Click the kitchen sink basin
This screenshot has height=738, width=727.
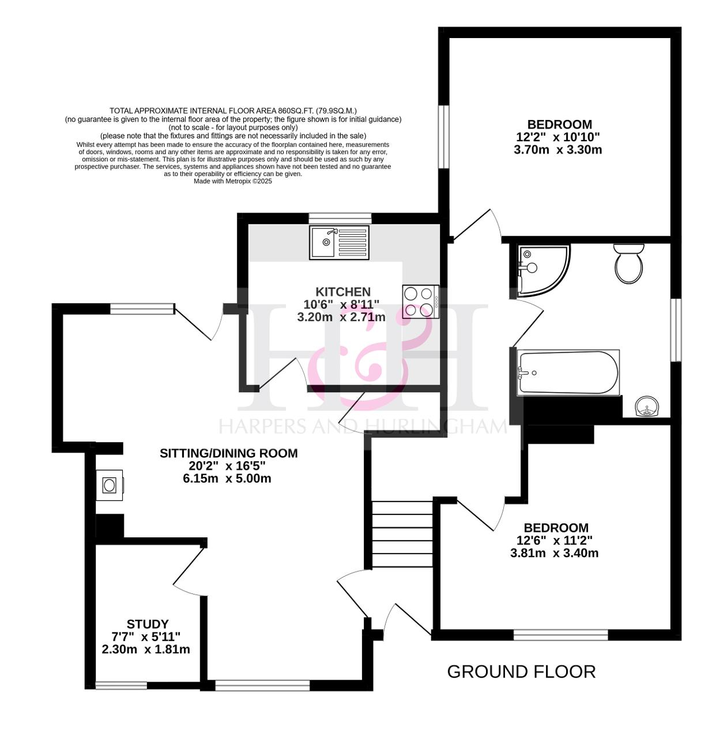[322, 242]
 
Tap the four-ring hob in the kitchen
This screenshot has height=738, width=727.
[420, 302]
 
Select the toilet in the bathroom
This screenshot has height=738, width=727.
[628, 263]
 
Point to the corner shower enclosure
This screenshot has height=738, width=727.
[541, 270]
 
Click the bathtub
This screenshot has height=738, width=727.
[568, 372]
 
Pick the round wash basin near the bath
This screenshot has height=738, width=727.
[646, 406]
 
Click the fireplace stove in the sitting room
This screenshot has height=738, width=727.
[109, 485]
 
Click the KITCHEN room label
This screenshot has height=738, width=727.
[343, 292]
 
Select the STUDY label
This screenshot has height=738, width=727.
[148, 624]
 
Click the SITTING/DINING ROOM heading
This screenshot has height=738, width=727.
[228, 453]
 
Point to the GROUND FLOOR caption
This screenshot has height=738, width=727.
[521, 672]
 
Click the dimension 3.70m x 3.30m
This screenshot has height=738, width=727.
[558, 150]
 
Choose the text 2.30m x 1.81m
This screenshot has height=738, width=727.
[145, 650]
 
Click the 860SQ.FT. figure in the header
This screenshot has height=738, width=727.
[294, 111]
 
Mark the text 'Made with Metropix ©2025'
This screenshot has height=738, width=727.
[232, 181]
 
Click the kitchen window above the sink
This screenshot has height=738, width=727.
[340, 218]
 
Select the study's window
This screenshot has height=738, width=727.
[121, 686]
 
